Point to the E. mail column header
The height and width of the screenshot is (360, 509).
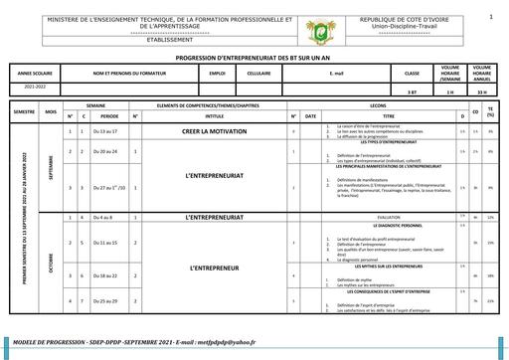pyautogui.click(x=335, y=74)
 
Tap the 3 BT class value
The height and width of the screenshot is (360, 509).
pyautogui.click(x=412, y=91)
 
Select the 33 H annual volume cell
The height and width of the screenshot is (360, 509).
pyautogui.click(x=482, y=91)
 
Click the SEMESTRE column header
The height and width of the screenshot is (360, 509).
pyautogui.click(x=22, y=114)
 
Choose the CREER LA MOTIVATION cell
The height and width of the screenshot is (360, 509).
pyautogui.click(x=214, y=131)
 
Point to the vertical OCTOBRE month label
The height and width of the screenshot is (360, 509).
pyautogui.click(x=51, y=258)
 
